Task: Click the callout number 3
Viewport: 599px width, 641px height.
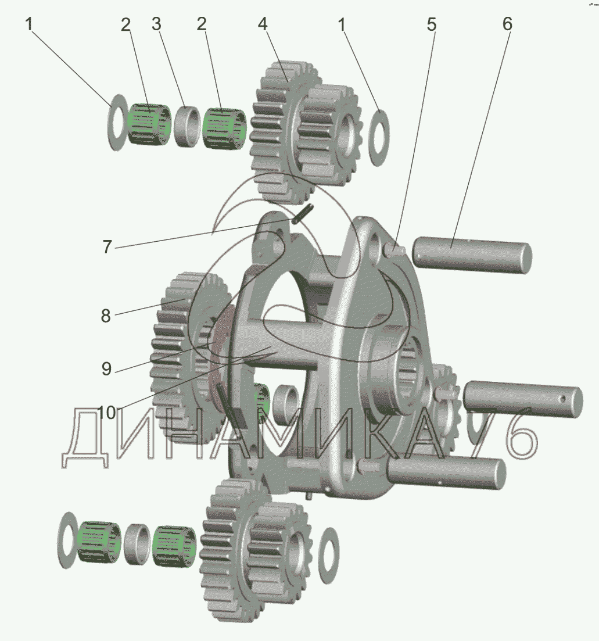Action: coord(156,24)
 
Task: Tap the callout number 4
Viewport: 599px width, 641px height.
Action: coord(263,24)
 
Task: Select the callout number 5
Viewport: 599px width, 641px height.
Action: coord(432,24)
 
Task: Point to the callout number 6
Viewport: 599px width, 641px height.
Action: coord(507,24)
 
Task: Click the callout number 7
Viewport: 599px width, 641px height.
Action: coord(107,247)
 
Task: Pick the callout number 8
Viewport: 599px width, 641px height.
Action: coord(106,316)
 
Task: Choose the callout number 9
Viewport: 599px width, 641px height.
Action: coord(106,369)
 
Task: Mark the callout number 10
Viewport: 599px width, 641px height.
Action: coord(107,413)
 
